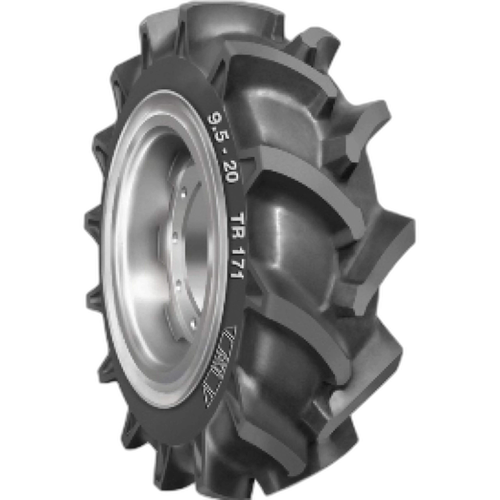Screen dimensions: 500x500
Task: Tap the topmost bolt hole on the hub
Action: pyautogui.click(x=184, y=193)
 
